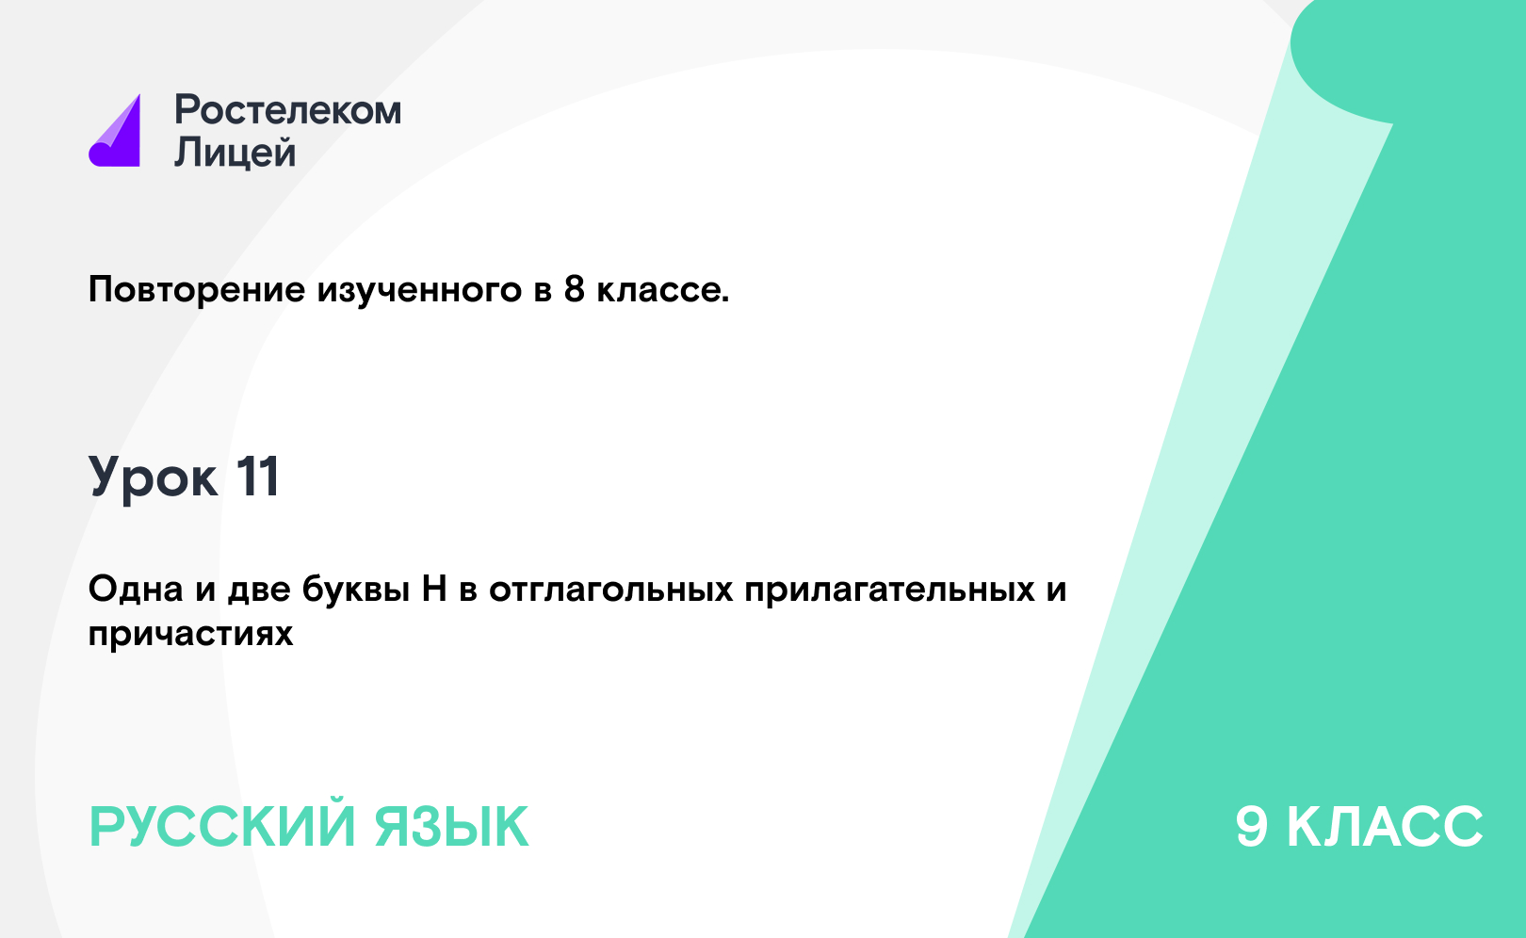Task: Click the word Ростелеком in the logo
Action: pyautogui.click(x=287, y=110)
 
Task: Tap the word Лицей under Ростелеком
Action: pyautogui.click(x=235, y=152)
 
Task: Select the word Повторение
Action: pyautogui.click(x=197, y=289)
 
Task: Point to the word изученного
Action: pyautogui.click(x=420, y=290)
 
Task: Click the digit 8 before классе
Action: pyautogui.click(x=575, y=289)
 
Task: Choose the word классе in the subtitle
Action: pyautogui.click(x=663, y=290)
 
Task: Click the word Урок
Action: pyautogui.click(x=154, y=477)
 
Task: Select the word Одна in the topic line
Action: pyautogui.click(x=136, y=589)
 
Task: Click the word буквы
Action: pyautogui.click(x=356, y=590)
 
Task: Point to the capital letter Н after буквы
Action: pyautogui.click(x=434, y=589)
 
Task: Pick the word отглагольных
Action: pyautogui.click(x=611, y=590)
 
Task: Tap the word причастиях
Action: pyautogui.click(x=190, y=634)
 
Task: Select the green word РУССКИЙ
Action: pyautogui.click(x=222, y=827)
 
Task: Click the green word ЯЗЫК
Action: pyautogui.click(x=451, y=827)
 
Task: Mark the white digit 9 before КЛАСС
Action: pyautogui.click(x=1252, y=826)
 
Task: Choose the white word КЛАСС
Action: pyautogui.click(x=1385, y=826)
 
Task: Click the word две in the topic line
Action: pyautogui.click(x=259, y=590)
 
